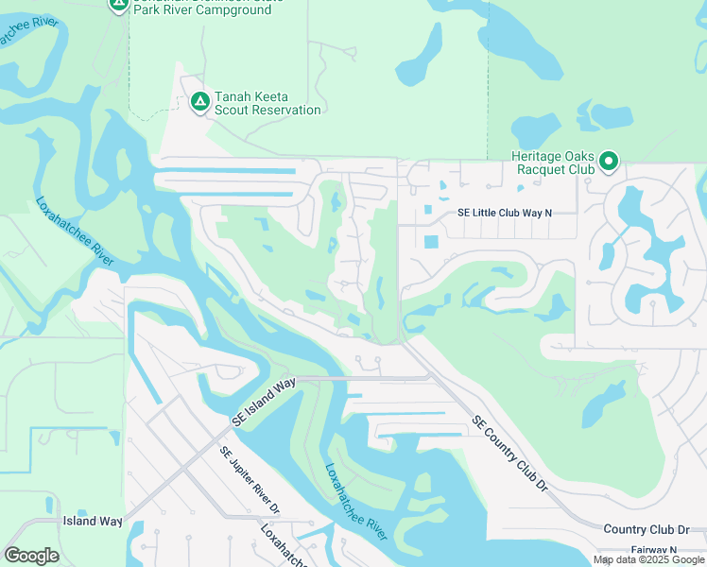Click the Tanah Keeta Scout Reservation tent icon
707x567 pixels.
click(x=199, y=101)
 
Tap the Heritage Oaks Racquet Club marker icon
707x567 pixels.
click(x=609, y=163)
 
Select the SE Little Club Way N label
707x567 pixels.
click(x=504, y=214)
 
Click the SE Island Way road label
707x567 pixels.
click(x=266, y=401)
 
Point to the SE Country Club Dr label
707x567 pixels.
click(x=509, y=454)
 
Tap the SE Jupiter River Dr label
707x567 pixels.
click(x=250, y=481)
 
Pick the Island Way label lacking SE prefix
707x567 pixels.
click(x=93, y=521)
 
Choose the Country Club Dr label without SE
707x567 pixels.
click(x=647, y=530)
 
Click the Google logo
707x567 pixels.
click(x=31, y=556)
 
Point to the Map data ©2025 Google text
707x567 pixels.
click(x=649, y=559)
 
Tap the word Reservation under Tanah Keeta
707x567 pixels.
click(x=287, y=110)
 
